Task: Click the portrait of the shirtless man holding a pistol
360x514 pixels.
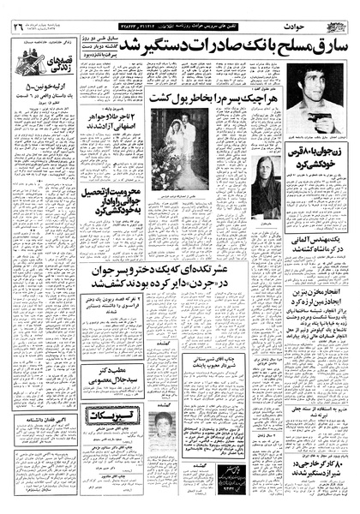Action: tap(314, 99)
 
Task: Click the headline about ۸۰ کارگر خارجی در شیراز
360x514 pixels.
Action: tap(313, 469)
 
